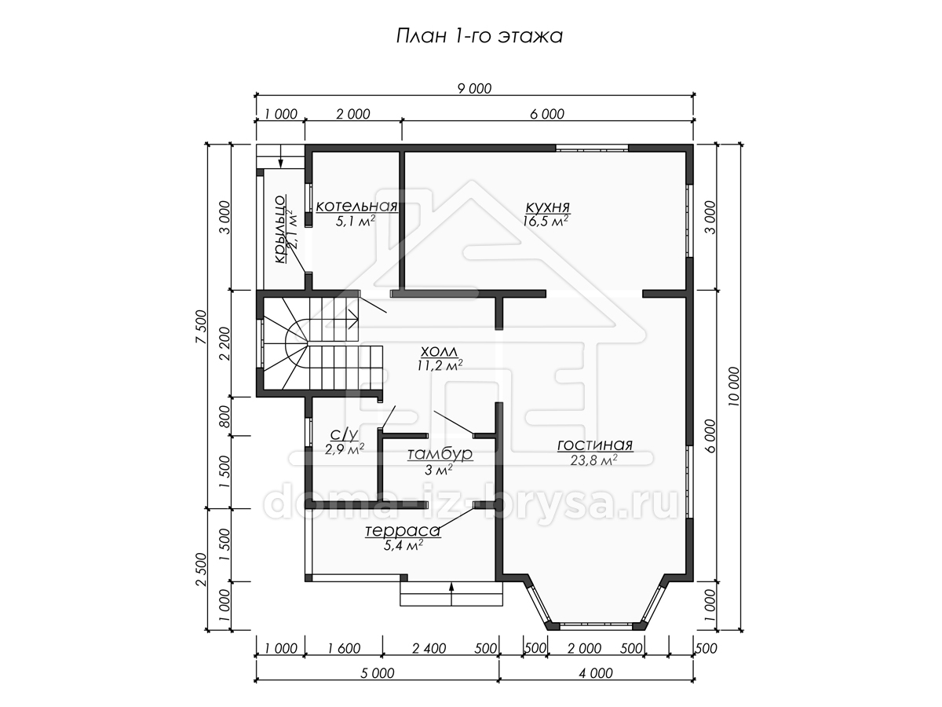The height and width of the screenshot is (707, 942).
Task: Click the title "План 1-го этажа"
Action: pyautogui.click(x=479, y=36)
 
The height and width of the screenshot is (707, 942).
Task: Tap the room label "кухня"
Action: pyautogui.click(x=548, y=207)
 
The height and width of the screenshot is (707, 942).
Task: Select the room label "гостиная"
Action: pyautogui.click(x=595, y=445)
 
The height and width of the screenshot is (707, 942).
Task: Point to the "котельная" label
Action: pyautogui.click(x=356, y=206)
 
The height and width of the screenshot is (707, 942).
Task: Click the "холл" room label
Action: pyautogui.click(x=439, y=352)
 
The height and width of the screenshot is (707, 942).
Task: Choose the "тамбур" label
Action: pyautogui.click(x=440, y=454)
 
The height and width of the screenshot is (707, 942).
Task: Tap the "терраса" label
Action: pyautogui.click(x=403, y=531)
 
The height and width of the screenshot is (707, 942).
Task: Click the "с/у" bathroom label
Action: pyautogui.click(x=344, y=434)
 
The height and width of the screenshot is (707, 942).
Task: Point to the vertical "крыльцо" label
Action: pyautogui.click(x=279, y=229)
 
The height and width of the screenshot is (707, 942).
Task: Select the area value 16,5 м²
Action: pyautogui.click(x=546, y=221)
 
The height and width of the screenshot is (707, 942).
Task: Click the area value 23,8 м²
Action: pyautogui.click(x=594, y=460)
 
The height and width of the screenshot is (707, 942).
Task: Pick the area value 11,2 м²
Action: pyautogui.click(x=439, y=365)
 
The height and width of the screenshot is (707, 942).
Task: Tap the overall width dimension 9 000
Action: pyautogui.click(x=474, y=89)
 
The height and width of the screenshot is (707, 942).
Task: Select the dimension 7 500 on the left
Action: pyautogui.click(x=200, y=327)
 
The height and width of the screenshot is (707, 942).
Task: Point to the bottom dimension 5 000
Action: pyautogui.click(x=377, y=673)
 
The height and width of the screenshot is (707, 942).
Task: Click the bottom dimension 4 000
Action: pyautogui.click(x=596, y=673)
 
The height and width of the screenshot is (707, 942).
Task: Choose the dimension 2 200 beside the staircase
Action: pyautogui.click(x=225, y=344)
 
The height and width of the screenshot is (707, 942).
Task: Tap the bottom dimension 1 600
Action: pyautogui.click(x=344, y=648)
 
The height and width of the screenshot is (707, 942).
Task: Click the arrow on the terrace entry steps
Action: pyautogui.click(x=451, y=594)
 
